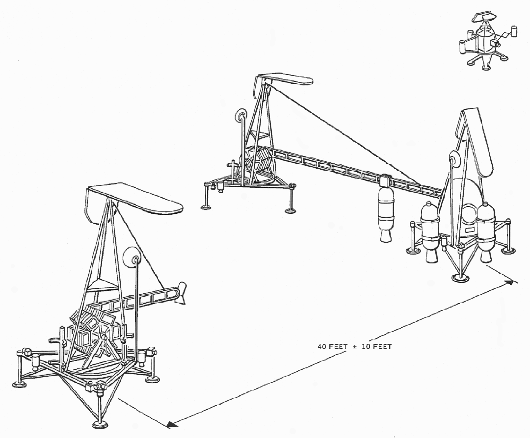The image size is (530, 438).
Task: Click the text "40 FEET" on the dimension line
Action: pyautogui.click(x=333, y=346)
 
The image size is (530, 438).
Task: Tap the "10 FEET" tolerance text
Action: pyautogui.click(x=376, y=346)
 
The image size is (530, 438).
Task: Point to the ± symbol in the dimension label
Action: pyautogui.click(x=355, y=347)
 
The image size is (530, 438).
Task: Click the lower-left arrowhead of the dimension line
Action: pyautogui.click(x=172, y=424)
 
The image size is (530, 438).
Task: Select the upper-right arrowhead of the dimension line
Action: pyautogui.click(x=512, y=282)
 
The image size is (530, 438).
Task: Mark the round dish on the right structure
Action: pyautogui.click(x=454, y=159)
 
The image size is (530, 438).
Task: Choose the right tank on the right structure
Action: pyautogui.click(x=485, y=232)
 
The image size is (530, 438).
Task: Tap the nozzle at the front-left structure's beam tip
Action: pyautogui.click(x=182, y=293)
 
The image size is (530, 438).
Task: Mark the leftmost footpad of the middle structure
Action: pyautogui.click(x=206, y=206)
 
